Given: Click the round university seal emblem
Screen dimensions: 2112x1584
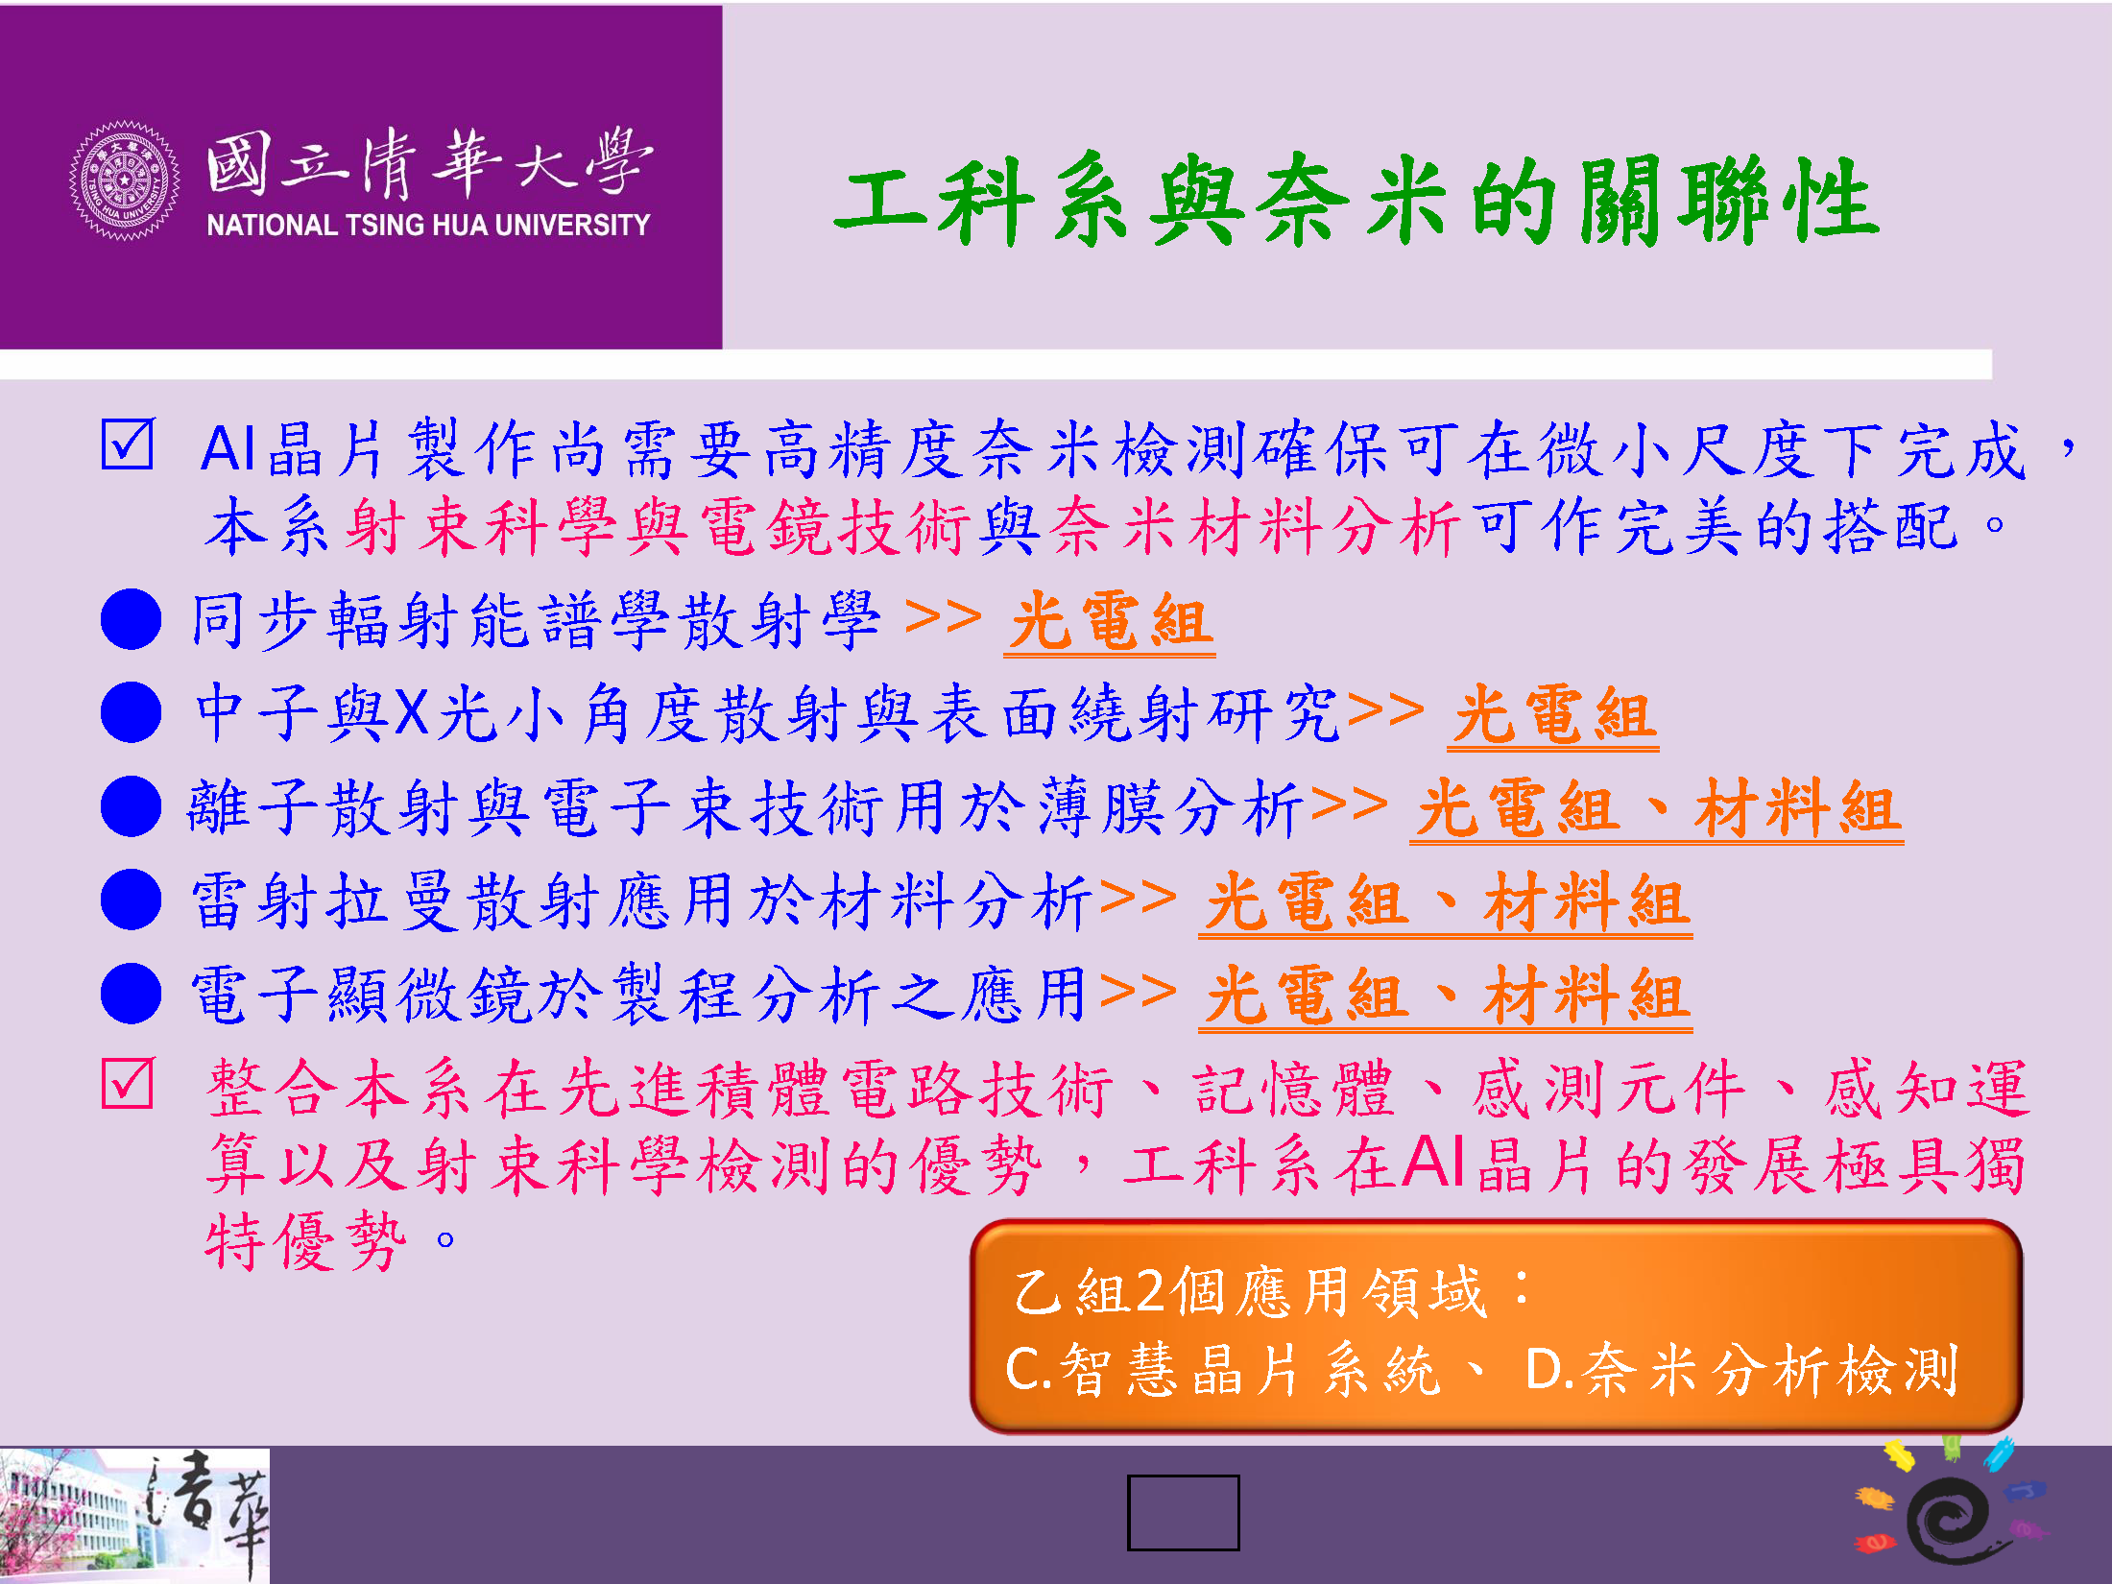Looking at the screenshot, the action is [x=125, y=180].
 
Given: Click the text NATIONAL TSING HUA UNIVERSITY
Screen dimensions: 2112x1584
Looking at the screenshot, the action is [x=428, y=225].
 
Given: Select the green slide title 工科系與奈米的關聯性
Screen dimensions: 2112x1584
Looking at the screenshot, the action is [x=1356, y=200].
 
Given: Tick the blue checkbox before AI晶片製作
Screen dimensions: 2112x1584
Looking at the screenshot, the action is [x=128, y=444].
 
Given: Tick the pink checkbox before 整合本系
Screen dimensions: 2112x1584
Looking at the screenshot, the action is [x=128, y=1084].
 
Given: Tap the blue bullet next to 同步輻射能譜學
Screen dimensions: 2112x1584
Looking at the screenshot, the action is [x=131, y=619].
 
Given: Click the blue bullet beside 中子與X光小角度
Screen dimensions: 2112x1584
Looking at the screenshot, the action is [x=131, y=712].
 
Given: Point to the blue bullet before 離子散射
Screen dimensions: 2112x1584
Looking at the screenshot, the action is [x=131, y=806].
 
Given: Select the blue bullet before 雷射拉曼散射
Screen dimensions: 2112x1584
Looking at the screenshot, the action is [x=131, y=900].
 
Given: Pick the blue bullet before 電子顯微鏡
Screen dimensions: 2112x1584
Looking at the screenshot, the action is [x=131, y=994].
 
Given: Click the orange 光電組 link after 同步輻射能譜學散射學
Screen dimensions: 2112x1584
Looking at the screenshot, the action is [x=1110, y=622].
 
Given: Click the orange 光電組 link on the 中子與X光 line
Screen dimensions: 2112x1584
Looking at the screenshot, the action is [x=1553, y=716].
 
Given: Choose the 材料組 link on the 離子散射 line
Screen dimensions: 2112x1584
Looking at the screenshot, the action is [x=1797, y=809].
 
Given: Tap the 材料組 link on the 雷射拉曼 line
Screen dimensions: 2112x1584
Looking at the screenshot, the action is [x=1587, y=903].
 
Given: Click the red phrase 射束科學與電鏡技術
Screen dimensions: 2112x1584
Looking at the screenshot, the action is [x=661, y=527].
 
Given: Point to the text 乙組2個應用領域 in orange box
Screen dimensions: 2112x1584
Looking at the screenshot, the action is [x=1250, y=1291].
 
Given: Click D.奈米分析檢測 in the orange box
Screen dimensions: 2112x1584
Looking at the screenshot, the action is [x=1741, y=1369].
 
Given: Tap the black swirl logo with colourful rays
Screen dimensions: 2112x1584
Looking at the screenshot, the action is [x=1949, y=1514].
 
